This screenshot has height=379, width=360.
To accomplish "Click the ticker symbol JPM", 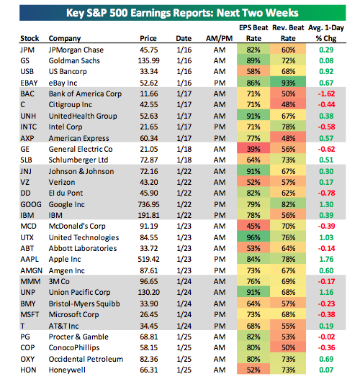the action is pyautogui.click(x=27, y=50).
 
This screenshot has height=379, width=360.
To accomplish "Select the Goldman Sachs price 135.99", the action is pyautogui.click(x=148, y=60).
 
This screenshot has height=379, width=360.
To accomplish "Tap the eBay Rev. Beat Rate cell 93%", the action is pyautogui.click(x=288, y=83).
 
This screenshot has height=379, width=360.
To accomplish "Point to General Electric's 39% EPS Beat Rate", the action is pyautogui.click(x=253, y=149).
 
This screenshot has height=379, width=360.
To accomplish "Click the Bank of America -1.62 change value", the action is pyautogui.click(x=326, y=93).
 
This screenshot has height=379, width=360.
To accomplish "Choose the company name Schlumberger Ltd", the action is pyautogui.click(x=78, y=160).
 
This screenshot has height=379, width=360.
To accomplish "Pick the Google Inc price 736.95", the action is pyautogui.click(x=148, y=204).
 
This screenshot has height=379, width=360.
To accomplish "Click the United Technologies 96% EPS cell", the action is pyautogui.click(x=253, y=237).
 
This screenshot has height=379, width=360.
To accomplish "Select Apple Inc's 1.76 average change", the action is pyautogui.click(x=326, y=259).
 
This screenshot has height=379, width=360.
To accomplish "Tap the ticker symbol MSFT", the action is pyautogui.click(x=30, y=314).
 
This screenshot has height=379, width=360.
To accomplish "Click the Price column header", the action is pyautogui.click(x=148, y=38).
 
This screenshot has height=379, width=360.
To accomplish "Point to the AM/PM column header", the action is pyautogui.click(x=219, y=38).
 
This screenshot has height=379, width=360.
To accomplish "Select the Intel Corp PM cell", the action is pyautogui.click(x=220, y=127).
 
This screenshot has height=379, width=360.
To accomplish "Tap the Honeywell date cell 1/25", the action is pyautogui.click(x=184, y=370).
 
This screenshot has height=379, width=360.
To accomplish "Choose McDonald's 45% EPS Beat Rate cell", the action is pyautogui.click(x=253, y=226).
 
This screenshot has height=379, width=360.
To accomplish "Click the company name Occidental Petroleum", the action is pyautogui.click(x=86, y=359).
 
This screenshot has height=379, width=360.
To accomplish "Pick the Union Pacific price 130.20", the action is pyautogui.click(x=148, y=292).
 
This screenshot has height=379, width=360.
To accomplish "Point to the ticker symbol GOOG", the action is pyautogui.click(x=31, y=204).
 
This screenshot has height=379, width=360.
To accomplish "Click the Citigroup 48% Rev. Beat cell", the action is pyautogui.click(x=288, y=105).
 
